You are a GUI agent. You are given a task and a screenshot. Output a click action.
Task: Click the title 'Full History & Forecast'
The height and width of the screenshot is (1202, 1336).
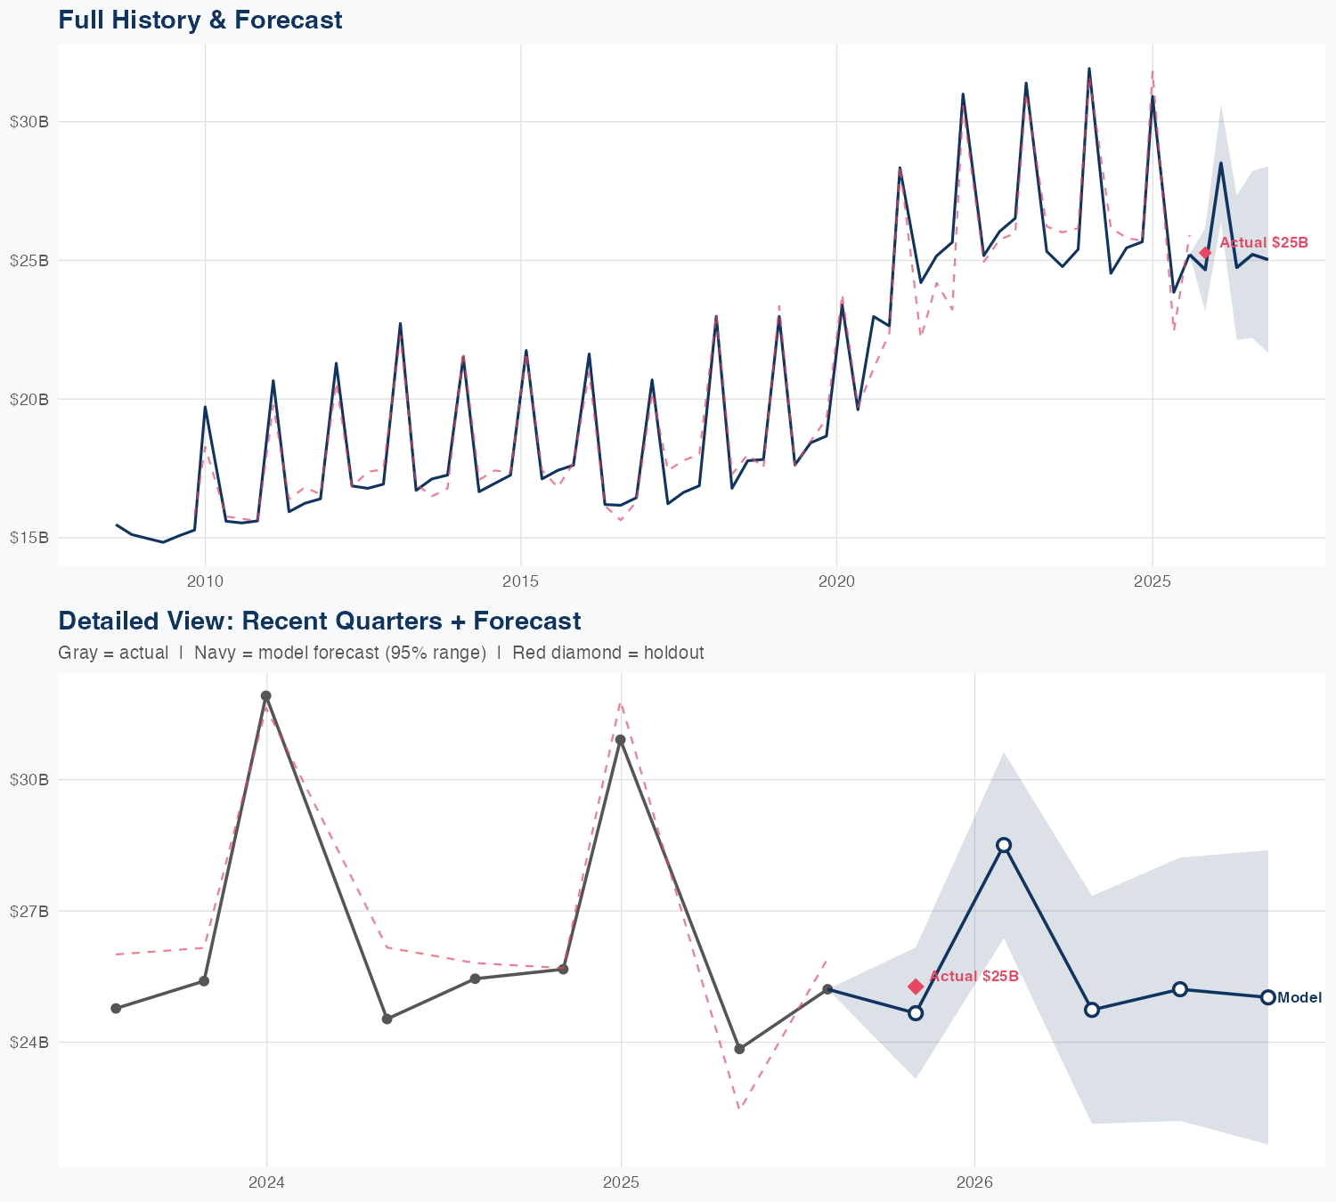tap(200, 20)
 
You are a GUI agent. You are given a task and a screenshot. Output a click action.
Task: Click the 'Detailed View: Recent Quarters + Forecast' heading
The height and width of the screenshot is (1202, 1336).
tap(319, 621)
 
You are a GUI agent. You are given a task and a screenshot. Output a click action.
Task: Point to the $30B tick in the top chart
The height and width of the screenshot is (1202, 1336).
tap(29, 122)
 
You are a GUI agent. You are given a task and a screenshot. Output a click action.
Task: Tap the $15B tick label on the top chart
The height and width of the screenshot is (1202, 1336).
tap(29, 538)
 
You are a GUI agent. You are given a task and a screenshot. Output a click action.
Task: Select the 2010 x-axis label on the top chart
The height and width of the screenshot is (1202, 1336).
tap(205, 581)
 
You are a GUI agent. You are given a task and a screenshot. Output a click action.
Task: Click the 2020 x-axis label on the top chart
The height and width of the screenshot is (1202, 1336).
tap(836, 581)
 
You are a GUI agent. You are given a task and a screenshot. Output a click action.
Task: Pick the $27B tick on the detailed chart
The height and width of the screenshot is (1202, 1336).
tap(29, 911)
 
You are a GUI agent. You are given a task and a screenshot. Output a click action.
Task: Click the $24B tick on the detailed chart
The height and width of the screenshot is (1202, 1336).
tap(29, 1042)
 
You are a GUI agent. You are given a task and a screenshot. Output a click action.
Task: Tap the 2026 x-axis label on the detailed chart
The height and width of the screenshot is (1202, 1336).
tap(974, 1183)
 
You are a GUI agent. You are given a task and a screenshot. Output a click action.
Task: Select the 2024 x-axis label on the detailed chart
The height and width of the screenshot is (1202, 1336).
tap(266, 1183)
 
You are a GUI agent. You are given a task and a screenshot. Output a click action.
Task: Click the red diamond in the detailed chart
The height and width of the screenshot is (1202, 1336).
tap(916, 986)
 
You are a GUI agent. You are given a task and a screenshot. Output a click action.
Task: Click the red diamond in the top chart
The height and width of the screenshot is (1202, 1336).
tap(1205, 253)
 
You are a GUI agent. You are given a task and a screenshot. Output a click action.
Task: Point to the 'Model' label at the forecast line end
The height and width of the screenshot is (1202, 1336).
tap(1299, 998)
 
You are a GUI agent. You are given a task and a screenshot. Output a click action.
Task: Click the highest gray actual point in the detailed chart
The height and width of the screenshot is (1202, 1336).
tap(265, 696)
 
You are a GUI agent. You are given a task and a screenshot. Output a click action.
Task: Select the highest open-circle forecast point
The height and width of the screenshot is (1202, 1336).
tap(1004, 845)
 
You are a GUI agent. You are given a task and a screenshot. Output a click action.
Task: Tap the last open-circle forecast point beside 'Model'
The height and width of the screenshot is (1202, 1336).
tap(1267, 997)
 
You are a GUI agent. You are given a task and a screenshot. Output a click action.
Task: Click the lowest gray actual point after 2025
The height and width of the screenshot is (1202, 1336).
tap(739, 1049)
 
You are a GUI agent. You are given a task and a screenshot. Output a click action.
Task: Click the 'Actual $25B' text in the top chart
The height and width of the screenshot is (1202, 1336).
tap(1263, 242)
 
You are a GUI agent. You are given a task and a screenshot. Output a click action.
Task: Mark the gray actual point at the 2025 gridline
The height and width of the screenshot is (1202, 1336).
tap(621, 740)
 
